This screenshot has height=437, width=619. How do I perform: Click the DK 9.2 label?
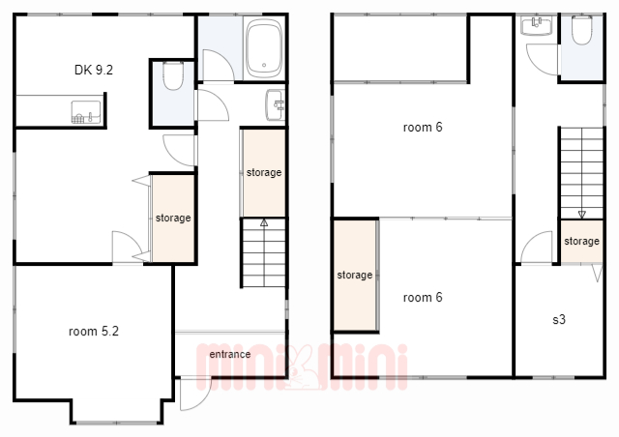(94, 70)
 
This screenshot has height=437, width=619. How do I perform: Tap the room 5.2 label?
(94, 332)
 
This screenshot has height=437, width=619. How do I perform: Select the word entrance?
(230, 355)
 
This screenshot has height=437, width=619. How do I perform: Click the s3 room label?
(559, 319)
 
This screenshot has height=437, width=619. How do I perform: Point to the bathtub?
(264, 48)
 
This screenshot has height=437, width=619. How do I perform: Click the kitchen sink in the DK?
(86, 112)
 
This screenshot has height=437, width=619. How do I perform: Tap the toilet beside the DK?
(173, 76)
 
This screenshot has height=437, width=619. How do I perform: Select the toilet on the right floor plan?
(582, 30)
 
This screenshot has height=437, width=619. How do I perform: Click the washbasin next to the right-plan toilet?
(537, 26)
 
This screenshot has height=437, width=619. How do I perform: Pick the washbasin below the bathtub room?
(275, 105)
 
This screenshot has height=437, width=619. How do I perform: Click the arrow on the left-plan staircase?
(264, 222)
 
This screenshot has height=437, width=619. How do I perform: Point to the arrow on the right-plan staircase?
(582, 215)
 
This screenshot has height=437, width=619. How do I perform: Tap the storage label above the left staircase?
(264, 172)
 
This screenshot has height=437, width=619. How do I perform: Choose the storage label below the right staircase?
(582, 241)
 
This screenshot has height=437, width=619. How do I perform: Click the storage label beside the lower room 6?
(355, 275)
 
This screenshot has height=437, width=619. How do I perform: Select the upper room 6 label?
(423, 128)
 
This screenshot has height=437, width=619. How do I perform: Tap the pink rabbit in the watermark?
(302, 367)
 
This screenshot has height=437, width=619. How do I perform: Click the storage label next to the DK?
(173, 218)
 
